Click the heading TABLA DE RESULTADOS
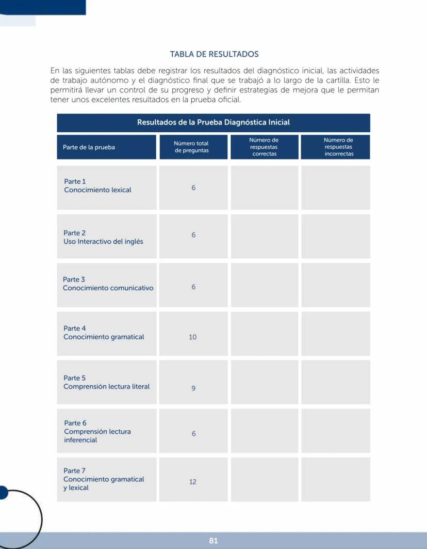214,54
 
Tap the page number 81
213,541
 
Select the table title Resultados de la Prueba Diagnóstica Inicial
213,122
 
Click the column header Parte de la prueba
89,147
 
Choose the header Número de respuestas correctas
264,147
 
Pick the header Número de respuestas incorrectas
338,147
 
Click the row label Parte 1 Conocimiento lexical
97,186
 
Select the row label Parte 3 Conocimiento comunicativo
108,284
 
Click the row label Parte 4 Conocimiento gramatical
104,333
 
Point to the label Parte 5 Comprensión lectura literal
106,382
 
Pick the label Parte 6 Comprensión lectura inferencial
97,431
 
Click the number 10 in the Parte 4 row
193,337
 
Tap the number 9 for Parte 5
193,388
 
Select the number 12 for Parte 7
193,482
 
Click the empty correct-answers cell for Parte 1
264,187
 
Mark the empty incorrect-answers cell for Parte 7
335,479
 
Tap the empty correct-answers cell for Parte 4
264,334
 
